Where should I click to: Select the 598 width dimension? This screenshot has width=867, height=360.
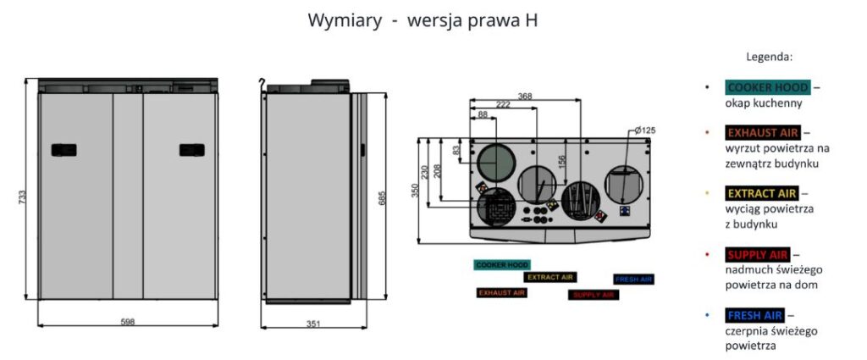pyautogui.click(x=128, y=322)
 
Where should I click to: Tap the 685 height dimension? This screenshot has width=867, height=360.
pyautogui.click(x=383, y=197)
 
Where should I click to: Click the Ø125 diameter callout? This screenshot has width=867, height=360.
pyautogui.click(x=645, y=130)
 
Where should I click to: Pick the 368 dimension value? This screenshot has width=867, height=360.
pyautogui.click(x=525, y=97)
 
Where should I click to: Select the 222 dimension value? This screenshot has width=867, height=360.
pyautogui.click(x=503, y=104)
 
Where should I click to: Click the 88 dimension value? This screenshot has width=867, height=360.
pyautogui.click(x=483, y=114)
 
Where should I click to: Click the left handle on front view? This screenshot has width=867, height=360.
pyautogui.click(x=64, y=150)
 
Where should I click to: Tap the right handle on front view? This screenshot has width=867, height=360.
pyautogui.click(x=192, y=150)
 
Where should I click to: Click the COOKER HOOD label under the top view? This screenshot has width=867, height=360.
pyautogui.click(x=501, y=264)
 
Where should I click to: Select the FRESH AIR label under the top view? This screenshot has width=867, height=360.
pyautogui.click(x=633, y=279)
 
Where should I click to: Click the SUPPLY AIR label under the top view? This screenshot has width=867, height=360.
pyautogui.click(x=593, y=295)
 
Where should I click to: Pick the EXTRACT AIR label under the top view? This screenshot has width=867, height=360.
pyautogui.click(x=550, y=277)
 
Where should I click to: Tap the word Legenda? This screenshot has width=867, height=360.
pyautogui.click(x=769, y=58)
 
